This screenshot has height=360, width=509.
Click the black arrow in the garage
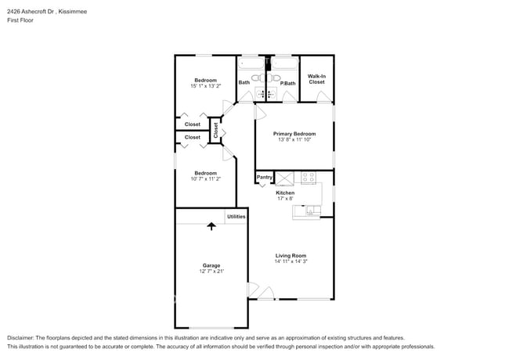[x=211, y=226]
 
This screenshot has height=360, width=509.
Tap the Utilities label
[x=236, y=216]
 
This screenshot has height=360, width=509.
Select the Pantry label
[x=265, y=178]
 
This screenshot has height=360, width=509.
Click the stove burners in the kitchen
[x=308, y=177]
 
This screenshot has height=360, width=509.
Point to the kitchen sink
[x=312, y=210]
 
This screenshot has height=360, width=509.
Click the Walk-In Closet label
[x=317, y=79]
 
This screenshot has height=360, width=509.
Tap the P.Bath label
[x=287, y=83]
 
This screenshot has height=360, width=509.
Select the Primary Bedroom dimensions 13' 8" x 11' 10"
[x=294, y=140]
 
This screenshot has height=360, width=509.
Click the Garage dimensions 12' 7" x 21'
[x=211, y=272]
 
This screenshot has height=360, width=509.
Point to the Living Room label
[x=291, y=255]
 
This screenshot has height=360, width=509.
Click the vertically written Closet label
[x=216, y=131]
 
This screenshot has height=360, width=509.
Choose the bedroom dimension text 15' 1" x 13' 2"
[x=205, y=86]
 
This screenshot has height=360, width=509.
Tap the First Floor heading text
[x=20, y=20]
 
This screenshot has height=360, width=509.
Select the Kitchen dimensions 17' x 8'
[x=285, y=199]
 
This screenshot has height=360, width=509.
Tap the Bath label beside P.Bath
[x=244, y=83]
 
